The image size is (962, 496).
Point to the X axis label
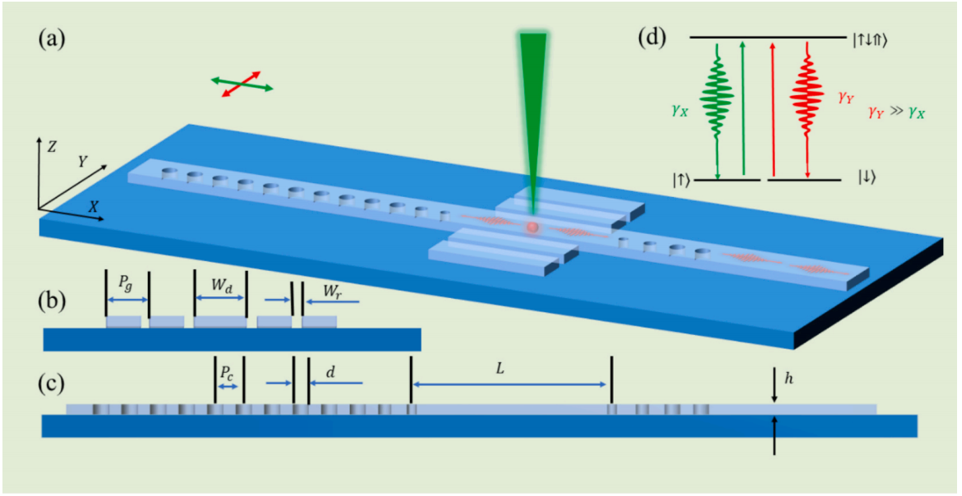(x=94, y=207)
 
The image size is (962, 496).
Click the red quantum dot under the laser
(x=532, y=227)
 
